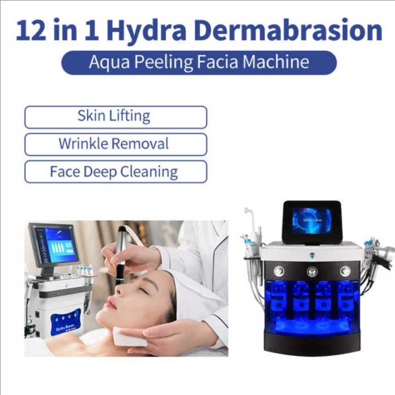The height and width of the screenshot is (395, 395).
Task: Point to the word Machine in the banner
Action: [278, 62]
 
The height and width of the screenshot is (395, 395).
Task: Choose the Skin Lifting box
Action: [115, 117]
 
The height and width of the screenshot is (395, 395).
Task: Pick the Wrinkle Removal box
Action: [115, 144]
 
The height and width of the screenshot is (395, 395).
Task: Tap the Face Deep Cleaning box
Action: [115, 172]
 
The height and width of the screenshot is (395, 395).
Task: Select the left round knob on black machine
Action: [279, 271]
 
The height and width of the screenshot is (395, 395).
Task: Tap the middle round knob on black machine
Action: [312, 271]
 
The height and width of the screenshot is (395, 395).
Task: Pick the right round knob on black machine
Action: [345, 271]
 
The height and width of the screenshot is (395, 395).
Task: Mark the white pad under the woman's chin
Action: [129, 336]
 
